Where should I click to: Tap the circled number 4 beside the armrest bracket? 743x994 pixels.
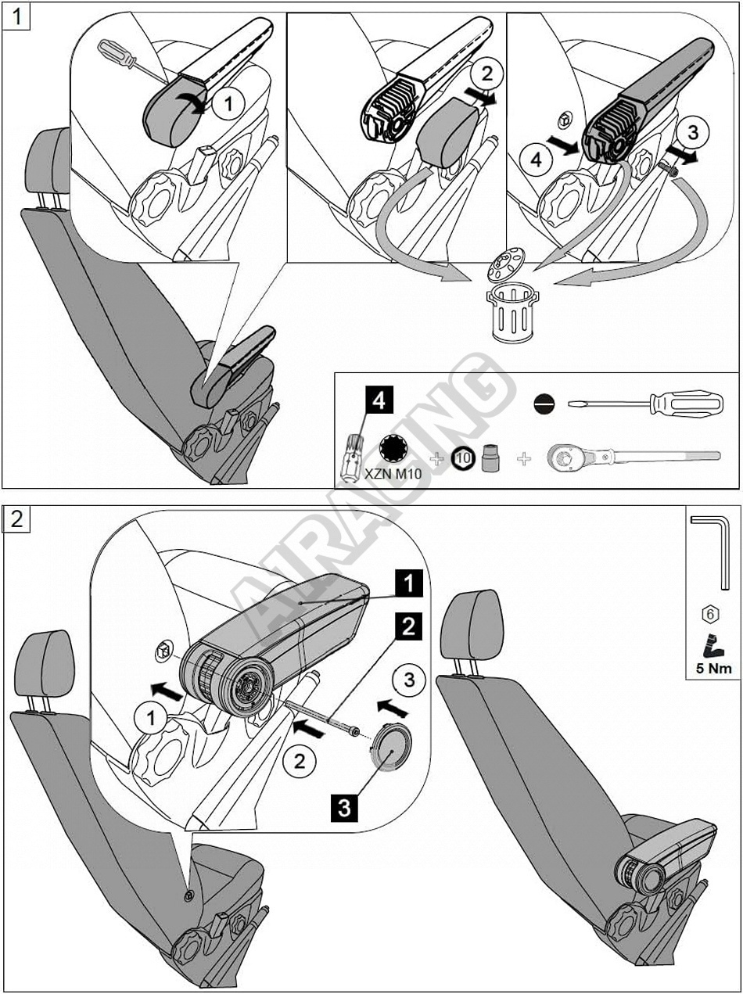pos(535,160)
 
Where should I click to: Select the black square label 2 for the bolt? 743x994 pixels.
pos(411,626)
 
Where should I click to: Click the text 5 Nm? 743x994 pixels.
pos(712,668)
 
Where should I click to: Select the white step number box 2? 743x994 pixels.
pos(17,519)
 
